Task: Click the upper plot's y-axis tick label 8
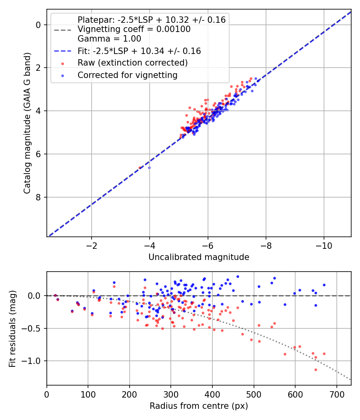38,198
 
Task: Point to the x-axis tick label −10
324,246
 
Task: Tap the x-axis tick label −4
150,246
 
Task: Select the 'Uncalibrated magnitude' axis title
199,257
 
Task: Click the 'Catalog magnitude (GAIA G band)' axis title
27,123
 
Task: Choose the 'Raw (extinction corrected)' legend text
132,63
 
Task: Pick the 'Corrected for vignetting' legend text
128,75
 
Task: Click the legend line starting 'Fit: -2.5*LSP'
139,51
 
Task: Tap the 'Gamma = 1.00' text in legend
109,38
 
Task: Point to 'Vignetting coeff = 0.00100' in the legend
134,29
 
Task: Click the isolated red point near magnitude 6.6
140,168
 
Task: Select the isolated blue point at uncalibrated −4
150,168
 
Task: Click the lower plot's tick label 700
336,394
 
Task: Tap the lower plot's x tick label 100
88,394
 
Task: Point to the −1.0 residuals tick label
33,361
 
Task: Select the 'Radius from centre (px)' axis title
199,406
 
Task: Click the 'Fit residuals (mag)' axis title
12,329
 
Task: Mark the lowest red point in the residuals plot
316,370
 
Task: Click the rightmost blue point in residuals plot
324,285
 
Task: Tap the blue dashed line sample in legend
63,51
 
